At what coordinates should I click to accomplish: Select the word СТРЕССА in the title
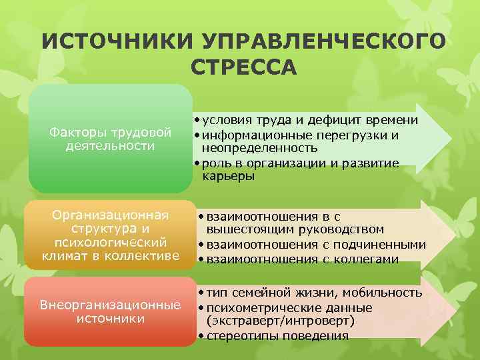241,67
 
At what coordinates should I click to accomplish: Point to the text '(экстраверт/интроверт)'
280,321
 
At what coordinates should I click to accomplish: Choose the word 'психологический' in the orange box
110,241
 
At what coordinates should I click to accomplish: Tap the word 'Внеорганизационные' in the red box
110,305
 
